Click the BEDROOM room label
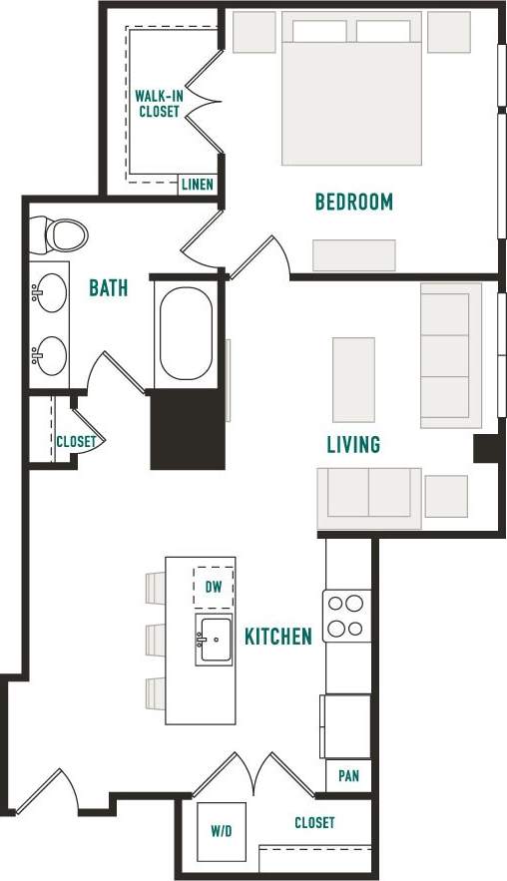(353, 203)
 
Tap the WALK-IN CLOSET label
(159, 104)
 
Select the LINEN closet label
(196, 185)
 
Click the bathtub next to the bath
(186, 334)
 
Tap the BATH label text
(109, 288)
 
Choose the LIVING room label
(353, 444)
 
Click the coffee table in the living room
(353, 380)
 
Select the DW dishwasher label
(214, 588)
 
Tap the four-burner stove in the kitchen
(347, 616)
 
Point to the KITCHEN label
(278, 636)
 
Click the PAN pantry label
(348, 775)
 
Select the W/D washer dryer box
(220, 830)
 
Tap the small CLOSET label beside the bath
(76, 441)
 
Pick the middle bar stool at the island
(156, 639)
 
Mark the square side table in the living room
(446, 496)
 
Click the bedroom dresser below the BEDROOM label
(353, 255)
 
